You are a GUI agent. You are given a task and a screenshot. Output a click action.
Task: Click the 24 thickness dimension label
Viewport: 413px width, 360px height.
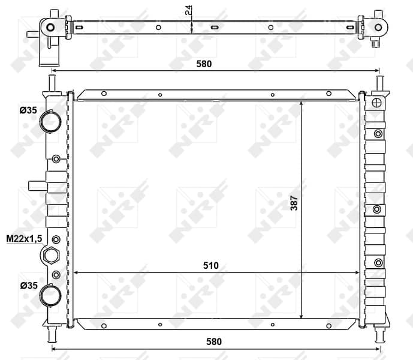(189, 10)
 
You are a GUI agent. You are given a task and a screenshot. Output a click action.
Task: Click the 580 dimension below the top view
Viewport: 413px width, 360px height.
(204, 64)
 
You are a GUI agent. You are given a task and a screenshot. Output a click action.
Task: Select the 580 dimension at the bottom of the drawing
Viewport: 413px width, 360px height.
(214, 341)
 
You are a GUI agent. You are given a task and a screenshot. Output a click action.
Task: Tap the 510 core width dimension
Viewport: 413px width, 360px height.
(211, 265)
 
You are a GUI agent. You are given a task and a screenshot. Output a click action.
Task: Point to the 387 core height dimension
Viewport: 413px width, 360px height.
(294, 203)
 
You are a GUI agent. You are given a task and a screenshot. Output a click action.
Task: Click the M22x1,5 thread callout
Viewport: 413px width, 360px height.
(24, 239)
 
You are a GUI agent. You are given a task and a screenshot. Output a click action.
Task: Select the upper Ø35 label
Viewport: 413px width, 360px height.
(28, 110)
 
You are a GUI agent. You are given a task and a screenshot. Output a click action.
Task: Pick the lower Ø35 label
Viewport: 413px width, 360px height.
(29, 286)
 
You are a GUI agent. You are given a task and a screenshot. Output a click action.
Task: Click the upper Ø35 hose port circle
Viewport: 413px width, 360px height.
(50, 121)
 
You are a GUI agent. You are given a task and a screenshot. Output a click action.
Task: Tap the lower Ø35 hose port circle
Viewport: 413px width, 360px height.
(50, 295)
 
